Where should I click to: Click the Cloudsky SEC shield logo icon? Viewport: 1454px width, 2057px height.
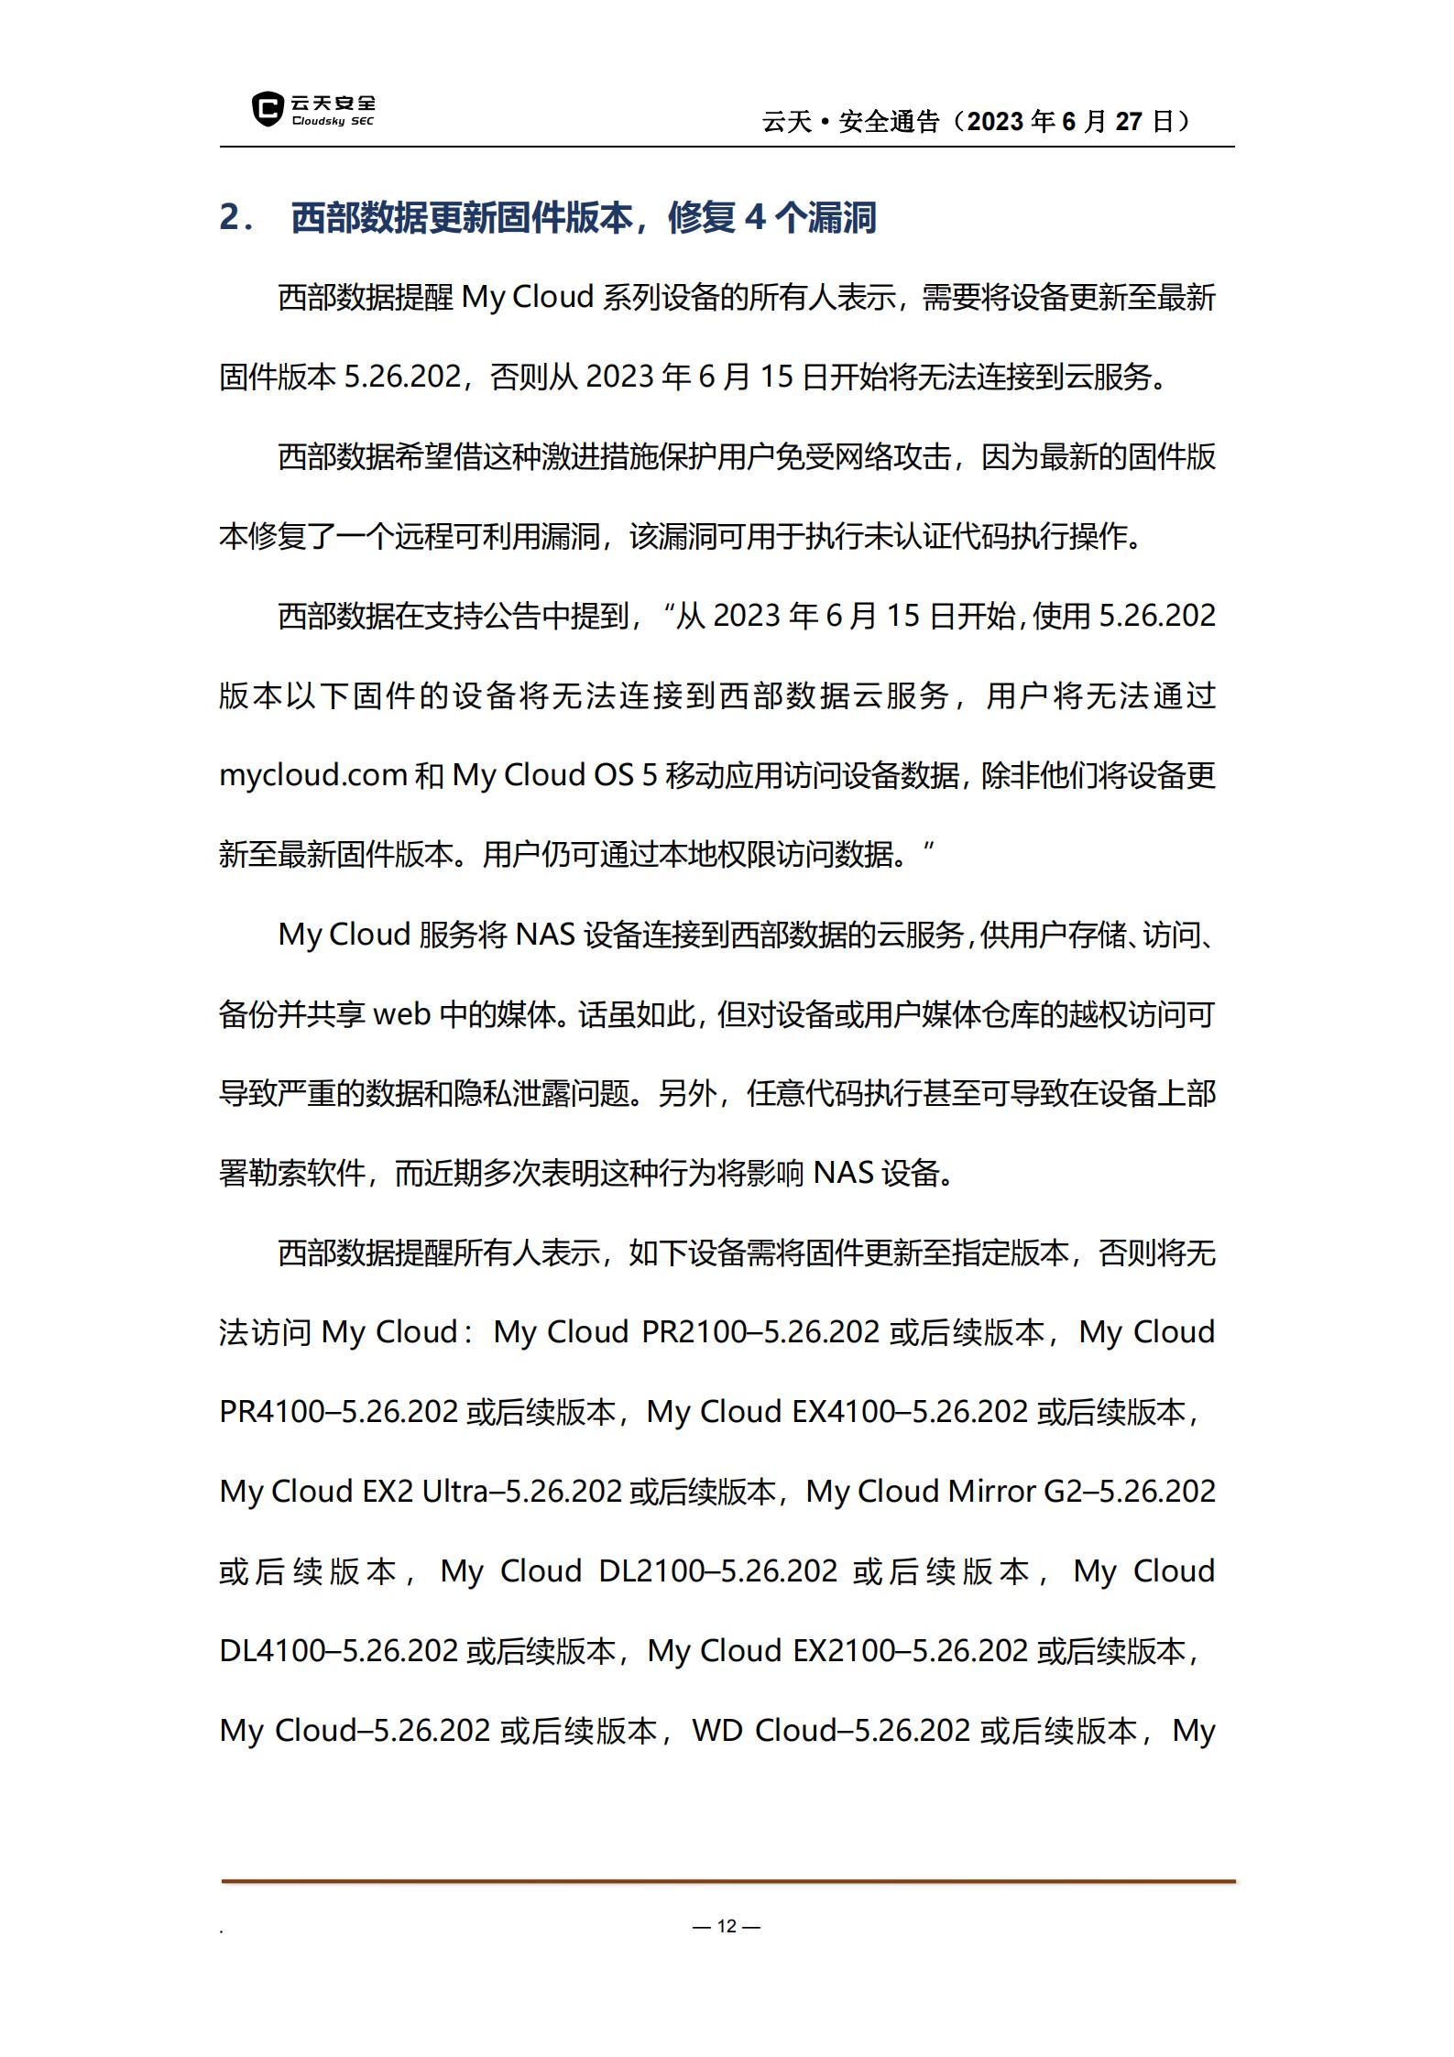(268, 108)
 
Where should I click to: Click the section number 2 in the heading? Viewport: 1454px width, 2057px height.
(230, 218)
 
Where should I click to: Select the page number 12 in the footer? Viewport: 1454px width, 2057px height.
(727, 1926)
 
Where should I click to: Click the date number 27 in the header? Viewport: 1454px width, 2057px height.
(1129, 122)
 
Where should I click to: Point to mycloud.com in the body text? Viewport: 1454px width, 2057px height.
(312, 776)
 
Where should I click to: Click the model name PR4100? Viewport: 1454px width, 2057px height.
(273, 1413)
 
